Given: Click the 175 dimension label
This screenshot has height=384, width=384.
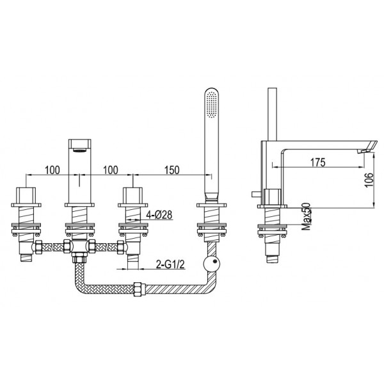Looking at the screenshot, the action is click(x=318, y=162).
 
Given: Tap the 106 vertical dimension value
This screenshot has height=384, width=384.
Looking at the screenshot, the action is click(x=369, y=180).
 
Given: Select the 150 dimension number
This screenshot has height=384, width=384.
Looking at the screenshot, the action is click(x=172, y=170).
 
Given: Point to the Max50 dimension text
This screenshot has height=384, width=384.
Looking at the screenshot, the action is click(x=306, y=217).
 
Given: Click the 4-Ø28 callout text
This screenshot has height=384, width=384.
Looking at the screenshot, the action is click(x=159, y=215).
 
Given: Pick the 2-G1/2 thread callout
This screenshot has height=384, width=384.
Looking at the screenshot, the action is click(x=170, y=264).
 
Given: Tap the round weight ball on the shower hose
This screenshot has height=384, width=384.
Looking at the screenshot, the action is click(x=212, y=264).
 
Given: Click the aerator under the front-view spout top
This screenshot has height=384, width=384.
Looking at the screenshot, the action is click(x=79, y=150).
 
